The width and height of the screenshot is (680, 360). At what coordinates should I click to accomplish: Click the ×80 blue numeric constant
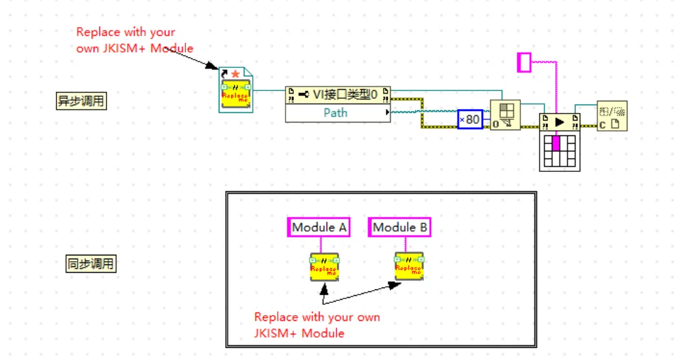(x=470, y=119)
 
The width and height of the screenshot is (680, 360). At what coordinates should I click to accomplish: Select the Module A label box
(x=319, y=227)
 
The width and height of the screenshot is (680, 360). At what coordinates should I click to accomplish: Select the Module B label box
(x=399, y=227)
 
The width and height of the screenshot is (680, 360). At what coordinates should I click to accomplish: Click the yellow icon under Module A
(x=325, y=266)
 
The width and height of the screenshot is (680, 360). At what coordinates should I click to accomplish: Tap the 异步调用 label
(x=81, y=101)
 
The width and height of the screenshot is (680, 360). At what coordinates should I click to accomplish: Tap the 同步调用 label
(x=91, y=263)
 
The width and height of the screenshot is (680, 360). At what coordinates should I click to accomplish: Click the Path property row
(x=336, y=113)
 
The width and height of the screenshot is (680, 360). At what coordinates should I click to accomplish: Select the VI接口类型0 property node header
(x=337, y=96)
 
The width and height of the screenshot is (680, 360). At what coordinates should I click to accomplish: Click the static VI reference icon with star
(x=235, y=90)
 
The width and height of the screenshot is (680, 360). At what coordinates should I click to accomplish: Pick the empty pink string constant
(x=524, y=62)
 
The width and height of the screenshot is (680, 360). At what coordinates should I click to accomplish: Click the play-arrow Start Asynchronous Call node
(x=559, y=121)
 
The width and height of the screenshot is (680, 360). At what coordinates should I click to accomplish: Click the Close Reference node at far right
(x=611, y=116)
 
